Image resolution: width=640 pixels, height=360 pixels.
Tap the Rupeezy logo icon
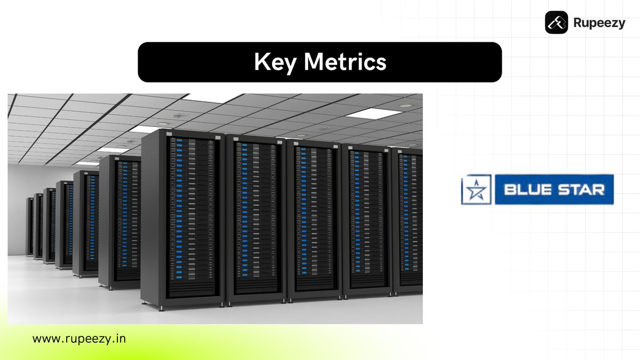[556, 23]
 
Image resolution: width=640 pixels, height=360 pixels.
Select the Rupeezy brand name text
[599, 23]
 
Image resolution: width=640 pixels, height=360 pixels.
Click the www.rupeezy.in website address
[79, 338]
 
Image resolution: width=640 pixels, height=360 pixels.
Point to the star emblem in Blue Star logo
[477, 189]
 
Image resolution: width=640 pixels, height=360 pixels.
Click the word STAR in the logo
[580, 189]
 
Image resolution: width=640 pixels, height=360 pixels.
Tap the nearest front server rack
[192, 213]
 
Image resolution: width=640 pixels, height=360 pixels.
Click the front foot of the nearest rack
[162, 307]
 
